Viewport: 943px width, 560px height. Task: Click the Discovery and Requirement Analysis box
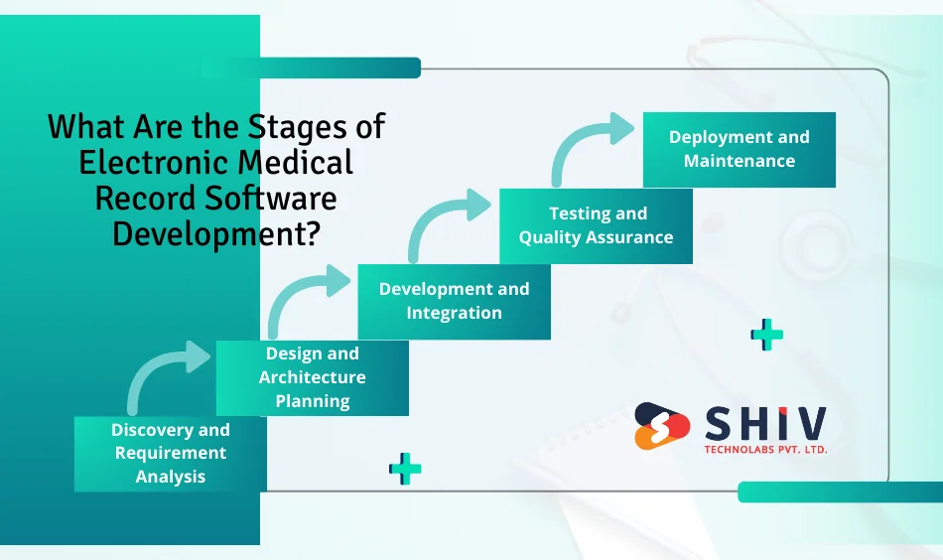pos(170,453)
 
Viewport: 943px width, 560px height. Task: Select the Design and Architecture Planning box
pos(312,377)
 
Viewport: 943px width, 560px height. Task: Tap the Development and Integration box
pos(454,301)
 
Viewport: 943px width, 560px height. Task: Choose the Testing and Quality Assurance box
pos(596,225)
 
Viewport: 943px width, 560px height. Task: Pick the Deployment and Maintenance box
pos(739,149)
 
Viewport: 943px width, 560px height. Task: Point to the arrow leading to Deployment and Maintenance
pos(590,145)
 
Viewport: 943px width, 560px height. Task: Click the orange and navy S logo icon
pos(662,426)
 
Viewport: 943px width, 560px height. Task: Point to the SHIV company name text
pos(764,424)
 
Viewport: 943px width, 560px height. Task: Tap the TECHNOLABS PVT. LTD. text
pos(764,450)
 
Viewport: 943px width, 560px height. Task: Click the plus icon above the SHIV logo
pos(766,335)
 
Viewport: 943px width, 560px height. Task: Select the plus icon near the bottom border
pos(405,468)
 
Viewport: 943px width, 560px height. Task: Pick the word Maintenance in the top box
pos(739,161)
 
